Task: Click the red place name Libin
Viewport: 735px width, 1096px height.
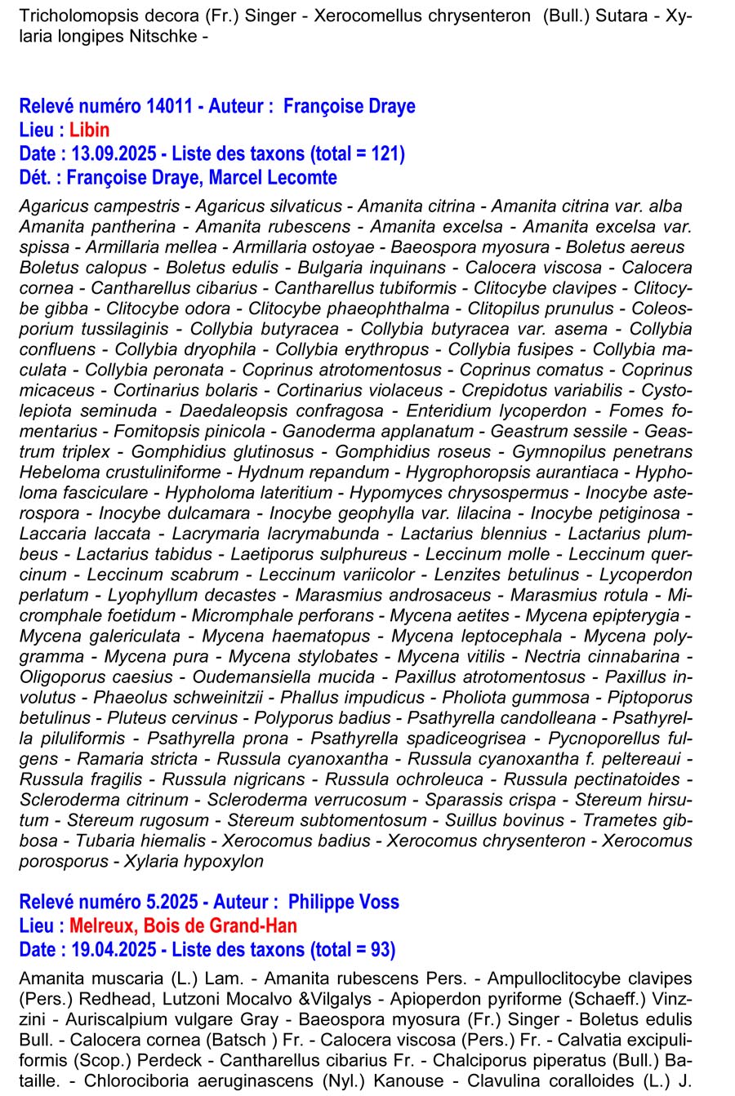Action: click(89, 130)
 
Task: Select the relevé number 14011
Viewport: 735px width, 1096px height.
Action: click(169, 106)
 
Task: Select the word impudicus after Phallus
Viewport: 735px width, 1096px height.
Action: click(379, 698)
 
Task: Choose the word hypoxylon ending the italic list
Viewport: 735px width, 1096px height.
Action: click(222, 862)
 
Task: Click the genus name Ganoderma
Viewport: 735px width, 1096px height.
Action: click(326, 432)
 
